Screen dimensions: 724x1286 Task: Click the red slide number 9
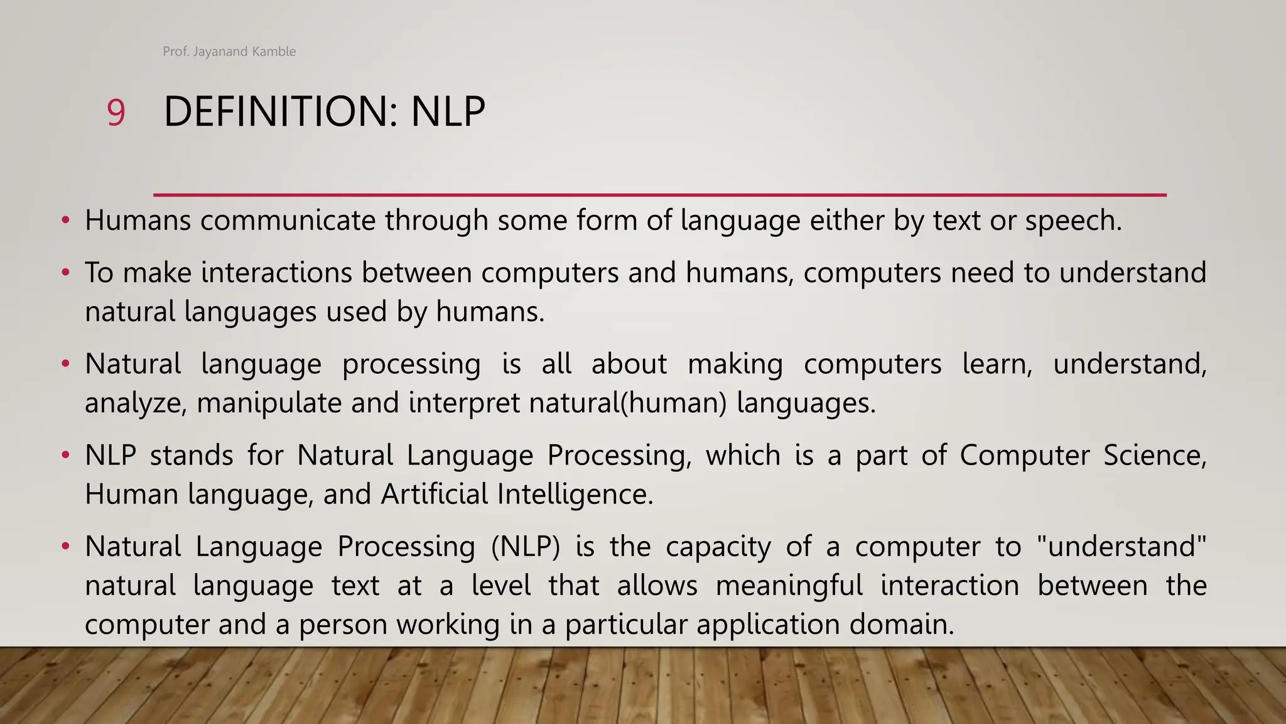[116, 113]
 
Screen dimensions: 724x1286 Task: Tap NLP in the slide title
[448, 112]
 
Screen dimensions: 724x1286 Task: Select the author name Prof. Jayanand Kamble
[229, 52]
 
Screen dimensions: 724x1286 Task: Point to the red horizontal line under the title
[659, 195]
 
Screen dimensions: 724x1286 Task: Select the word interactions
[276, 273]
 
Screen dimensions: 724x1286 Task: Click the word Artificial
[434, 494]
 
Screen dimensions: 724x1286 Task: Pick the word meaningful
[789, 586]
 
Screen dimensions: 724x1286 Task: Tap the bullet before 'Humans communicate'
[65, 221]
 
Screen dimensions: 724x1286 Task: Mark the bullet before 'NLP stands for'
[65, 455]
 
